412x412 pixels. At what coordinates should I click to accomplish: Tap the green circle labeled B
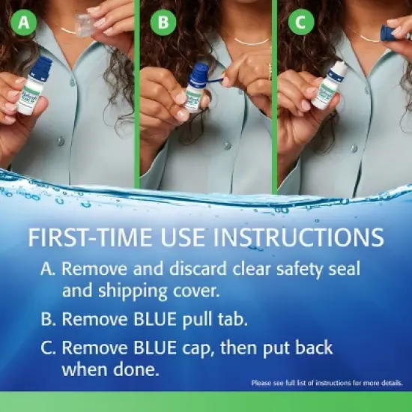[163, 22]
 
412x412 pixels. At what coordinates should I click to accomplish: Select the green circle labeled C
[300, 22]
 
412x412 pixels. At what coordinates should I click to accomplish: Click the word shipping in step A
[124, 290]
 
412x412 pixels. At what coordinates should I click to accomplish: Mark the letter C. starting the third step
[49, 348]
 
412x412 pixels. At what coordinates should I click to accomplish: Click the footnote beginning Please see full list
[327, 383]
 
